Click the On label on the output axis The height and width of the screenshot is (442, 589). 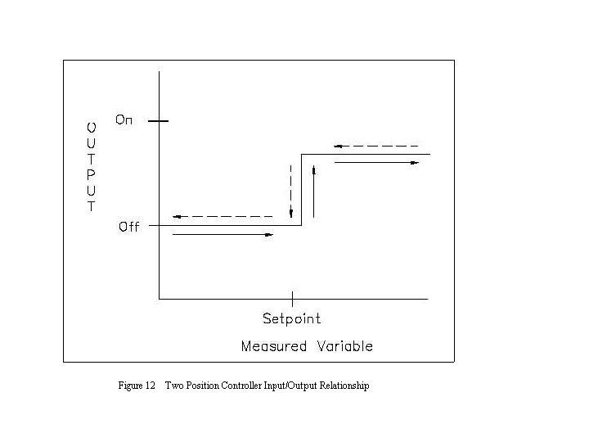(124, 120)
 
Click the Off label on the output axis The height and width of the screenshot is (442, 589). (128, 227)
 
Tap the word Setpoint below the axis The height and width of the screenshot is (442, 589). (291, 318)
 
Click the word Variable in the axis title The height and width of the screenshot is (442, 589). (344, 346)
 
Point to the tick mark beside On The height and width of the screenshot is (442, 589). (159, 121)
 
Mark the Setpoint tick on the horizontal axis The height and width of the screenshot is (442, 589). (292, 299)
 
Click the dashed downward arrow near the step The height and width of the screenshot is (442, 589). (290, 193)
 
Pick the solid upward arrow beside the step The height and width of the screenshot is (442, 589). (312, 193)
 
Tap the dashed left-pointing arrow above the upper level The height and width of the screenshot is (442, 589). (377, 147)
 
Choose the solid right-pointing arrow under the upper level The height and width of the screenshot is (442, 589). (377, 163)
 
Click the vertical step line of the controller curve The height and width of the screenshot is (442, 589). (302, 190)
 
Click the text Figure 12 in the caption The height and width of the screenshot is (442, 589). (137, 386)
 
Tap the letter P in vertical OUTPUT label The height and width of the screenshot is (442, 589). (92, 174)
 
